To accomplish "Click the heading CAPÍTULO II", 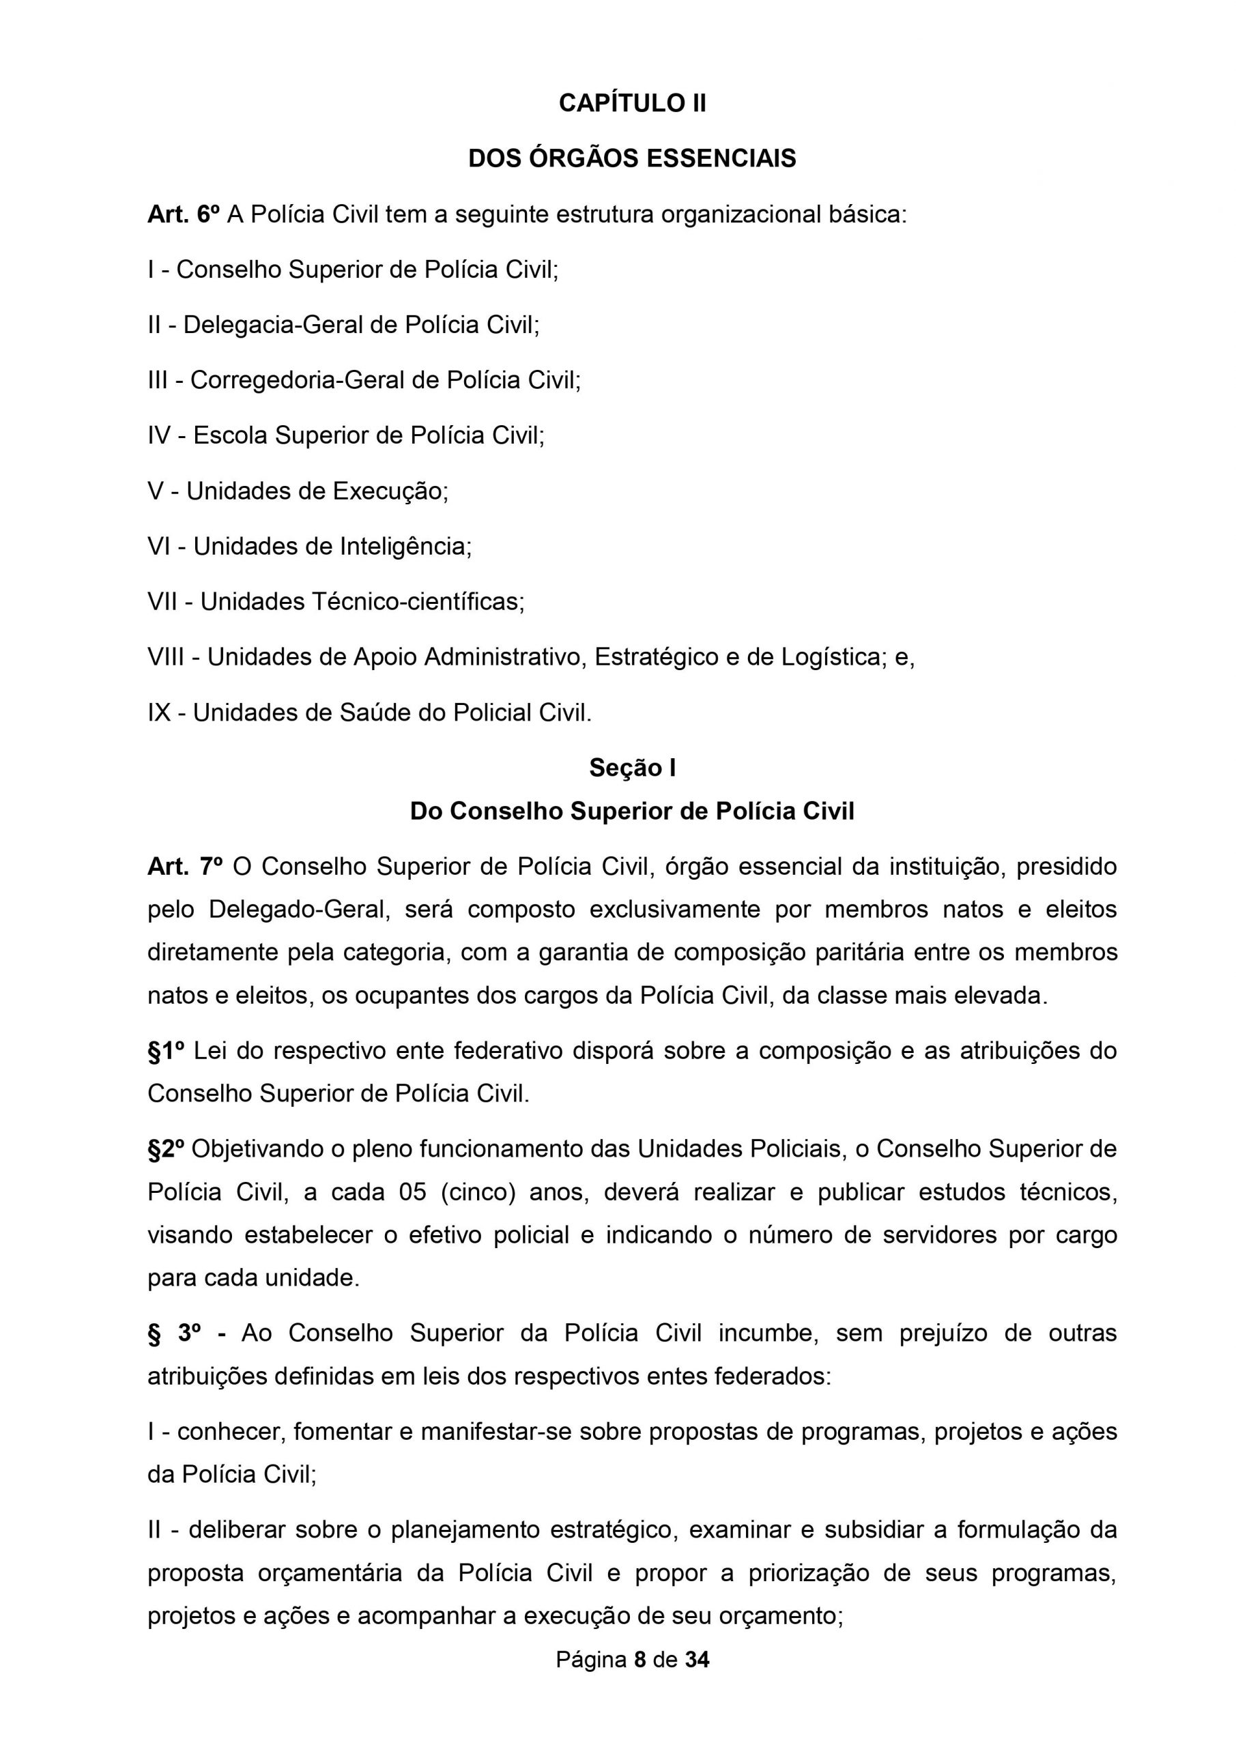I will click(x=632, y=104).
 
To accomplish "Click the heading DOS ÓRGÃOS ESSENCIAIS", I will click(x=632, y=159).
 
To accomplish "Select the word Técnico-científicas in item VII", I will click(x=418, y=602).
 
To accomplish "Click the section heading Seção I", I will click(x=632, y=768).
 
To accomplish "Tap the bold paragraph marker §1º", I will click(x=167, y=1051).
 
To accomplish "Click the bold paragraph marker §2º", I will click(x=166, y=1149).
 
